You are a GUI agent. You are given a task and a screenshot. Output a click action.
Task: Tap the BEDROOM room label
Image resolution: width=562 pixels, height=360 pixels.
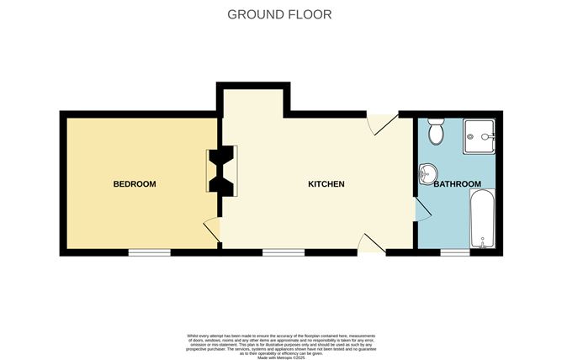[x=135, y=184]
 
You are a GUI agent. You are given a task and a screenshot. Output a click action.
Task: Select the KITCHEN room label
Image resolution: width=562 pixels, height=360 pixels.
[x=326, y=184]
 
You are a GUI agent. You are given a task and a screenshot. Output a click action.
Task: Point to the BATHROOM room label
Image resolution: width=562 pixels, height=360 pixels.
[x=457, y=184]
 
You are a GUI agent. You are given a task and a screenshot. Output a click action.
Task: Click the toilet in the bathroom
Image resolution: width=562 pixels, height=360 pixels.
[x=436, y=131]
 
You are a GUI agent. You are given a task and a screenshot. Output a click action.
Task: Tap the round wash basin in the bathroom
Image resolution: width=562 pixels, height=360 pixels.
[x=427, y=174]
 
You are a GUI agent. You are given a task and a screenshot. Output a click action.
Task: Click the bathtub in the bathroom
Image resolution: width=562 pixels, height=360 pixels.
[x=482, y=219]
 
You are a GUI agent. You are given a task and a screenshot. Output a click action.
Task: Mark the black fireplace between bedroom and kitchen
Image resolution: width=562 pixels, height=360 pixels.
[x=223, y=172]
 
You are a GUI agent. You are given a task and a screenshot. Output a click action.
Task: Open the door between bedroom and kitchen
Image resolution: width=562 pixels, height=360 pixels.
[x=213, y=230]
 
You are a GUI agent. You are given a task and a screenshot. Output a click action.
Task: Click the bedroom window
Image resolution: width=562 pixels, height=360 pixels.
[x=149, y=251]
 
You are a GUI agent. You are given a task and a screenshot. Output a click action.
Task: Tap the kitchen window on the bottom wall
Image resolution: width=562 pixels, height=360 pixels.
[x=283, y=251]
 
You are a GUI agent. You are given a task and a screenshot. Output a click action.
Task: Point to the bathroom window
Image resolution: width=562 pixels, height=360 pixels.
[x=455, y=251]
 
